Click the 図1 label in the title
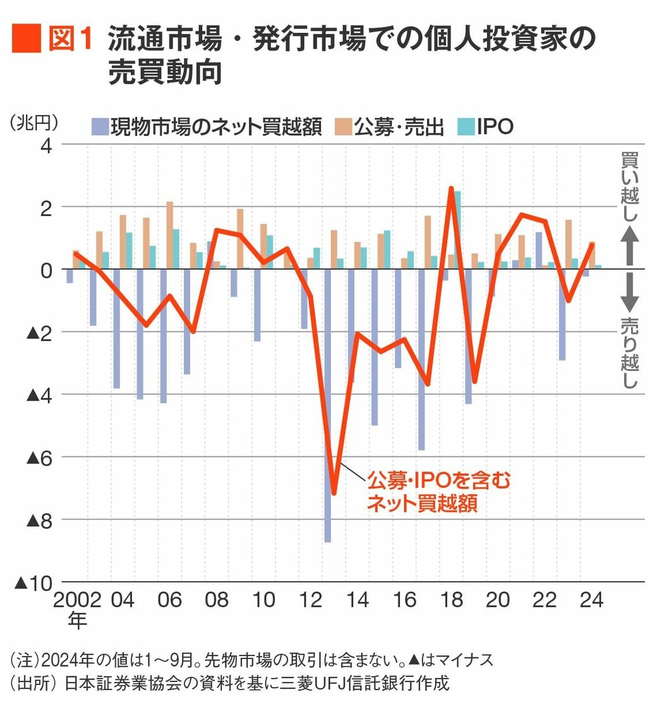pos(71,39)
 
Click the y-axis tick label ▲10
pos(35,583)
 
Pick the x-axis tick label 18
pos(452,600)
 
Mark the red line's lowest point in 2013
pos(334,494)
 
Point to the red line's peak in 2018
pos(451,188)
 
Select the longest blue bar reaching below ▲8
pos(327,404)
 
